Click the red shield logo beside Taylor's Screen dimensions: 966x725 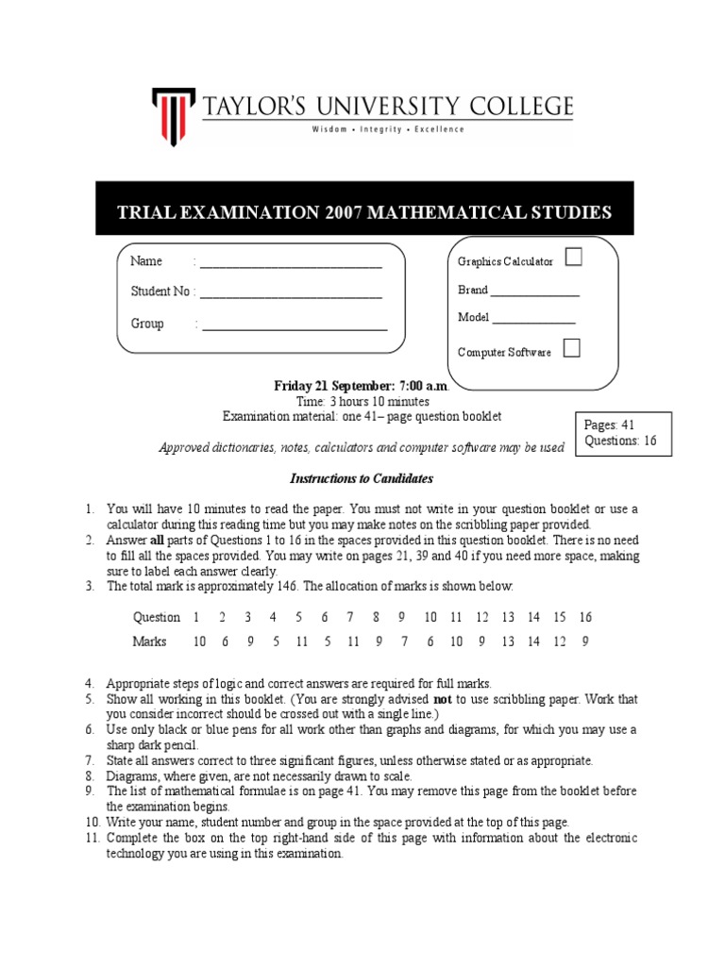pos(175,111)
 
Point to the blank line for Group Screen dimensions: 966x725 pos(294,327)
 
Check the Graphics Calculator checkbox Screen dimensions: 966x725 pos(572,257)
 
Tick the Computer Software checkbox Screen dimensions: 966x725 pos(571,348)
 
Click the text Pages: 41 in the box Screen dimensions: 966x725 pos(610,425)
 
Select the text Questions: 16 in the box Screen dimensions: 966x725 pos(620,441)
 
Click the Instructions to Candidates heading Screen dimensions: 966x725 pos(362,479)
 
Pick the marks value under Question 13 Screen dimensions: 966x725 pos(508,641)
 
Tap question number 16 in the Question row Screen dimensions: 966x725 pos(585,617)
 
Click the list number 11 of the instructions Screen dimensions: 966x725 pos(92,838)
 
